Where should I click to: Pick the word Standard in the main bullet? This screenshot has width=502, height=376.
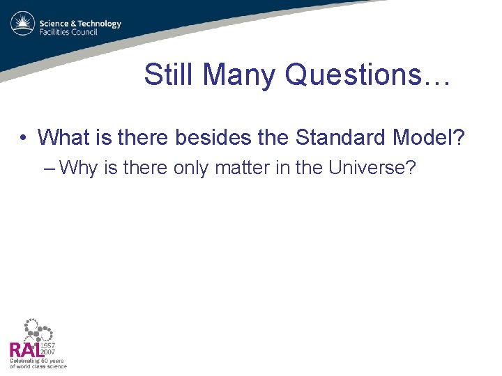click(x=340, y=137)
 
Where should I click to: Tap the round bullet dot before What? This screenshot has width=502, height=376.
click(x=24, y=138)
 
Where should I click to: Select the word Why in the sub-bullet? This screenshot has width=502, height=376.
click(x=78, y=168)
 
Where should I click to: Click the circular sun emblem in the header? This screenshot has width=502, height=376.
click(x=22, y=24)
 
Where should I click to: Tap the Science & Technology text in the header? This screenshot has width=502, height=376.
click(x=80, y=24)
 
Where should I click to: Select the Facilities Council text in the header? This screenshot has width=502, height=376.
click(x=68, y=33)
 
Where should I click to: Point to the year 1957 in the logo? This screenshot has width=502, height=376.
click(x=48, y=345)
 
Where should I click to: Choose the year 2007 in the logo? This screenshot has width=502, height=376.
click(x=48, y=352)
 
